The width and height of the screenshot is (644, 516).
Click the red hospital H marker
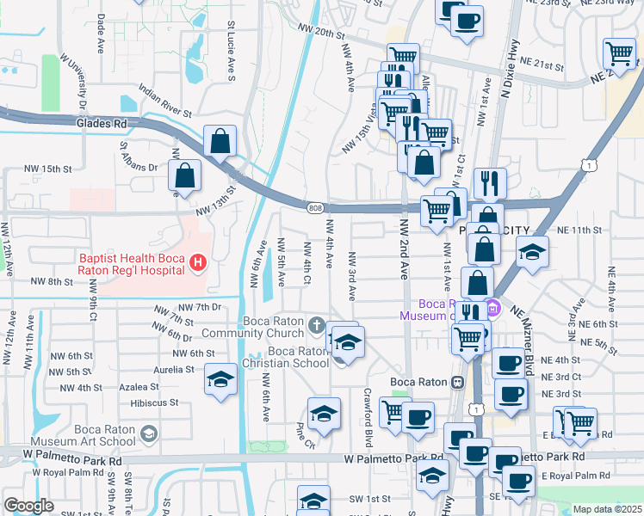click(198, 262)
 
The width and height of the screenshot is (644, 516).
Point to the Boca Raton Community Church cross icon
click(318, 326)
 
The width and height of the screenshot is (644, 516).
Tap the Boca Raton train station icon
click(458, 381)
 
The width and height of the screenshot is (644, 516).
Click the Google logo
click(28, 506)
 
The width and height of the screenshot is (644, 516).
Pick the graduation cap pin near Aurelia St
click(221, 379)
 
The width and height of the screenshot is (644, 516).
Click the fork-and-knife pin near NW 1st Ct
click(489, 182)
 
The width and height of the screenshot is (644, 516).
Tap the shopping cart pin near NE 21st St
click(619, 53)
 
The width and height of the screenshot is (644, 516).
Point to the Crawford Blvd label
click(368, 425)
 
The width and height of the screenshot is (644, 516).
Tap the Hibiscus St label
click(154, 402)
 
